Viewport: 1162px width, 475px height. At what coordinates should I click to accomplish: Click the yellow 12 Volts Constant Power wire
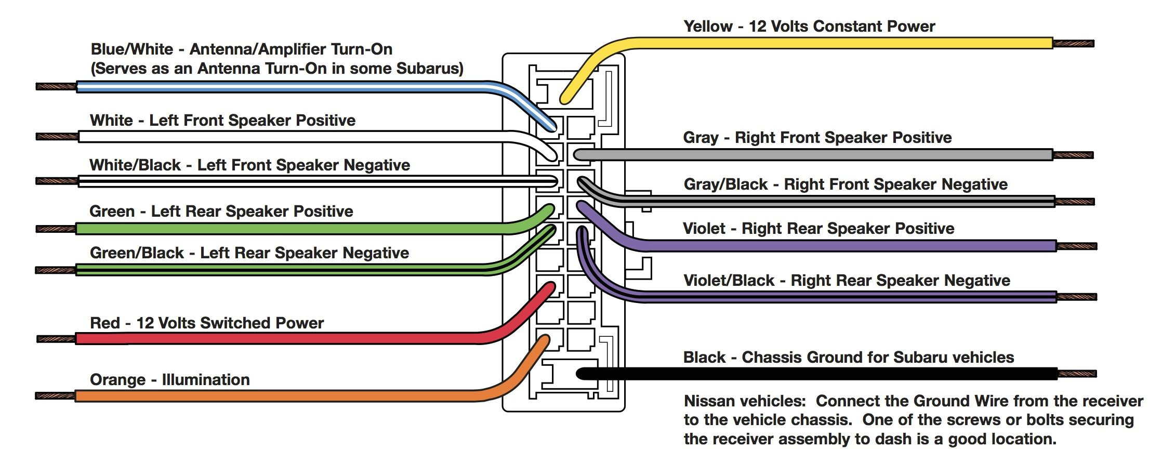[831, 43]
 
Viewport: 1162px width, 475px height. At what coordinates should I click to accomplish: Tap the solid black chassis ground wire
[831, 373]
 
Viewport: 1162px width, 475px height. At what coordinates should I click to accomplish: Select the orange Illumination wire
[260, 396]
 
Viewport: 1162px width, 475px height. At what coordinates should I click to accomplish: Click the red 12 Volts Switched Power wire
[260, 339]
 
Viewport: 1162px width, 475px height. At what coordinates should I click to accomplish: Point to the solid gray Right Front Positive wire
[831, 154]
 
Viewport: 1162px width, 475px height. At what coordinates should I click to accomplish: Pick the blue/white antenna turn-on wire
[260, 87]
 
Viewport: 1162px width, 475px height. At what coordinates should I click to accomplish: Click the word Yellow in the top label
[708, 26]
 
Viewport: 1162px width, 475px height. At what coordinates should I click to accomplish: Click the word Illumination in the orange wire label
[206, 379]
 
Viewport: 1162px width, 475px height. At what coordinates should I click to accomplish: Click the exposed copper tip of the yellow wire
[1073, 44]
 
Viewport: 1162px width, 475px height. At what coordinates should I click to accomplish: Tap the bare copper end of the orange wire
[55, 396]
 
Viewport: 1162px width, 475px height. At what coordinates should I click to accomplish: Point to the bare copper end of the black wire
[1077, 373]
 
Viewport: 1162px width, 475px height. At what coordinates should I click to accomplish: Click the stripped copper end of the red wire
[56, 339]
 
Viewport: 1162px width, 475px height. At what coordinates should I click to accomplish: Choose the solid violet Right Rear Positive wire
[831, 245]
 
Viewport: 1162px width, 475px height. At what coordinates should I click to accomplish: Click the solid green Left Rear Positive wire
[260, 228]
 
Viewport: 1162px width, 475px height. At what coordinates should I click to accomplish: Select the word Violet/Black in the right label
[729, 281]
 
